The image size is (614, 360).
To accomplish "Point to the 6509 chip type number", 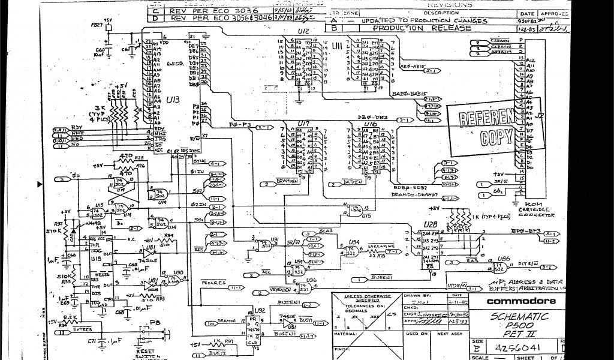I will point(175,62).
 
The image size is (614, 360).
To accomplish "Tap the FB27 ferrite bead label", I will point(96,26).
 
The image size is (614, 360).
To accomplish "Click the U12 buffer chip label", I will point(303,31).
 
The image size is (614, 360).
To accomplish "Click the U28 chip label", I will point(431,224).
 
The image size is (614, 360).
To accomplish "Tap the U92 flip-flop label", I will point(259,311).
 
